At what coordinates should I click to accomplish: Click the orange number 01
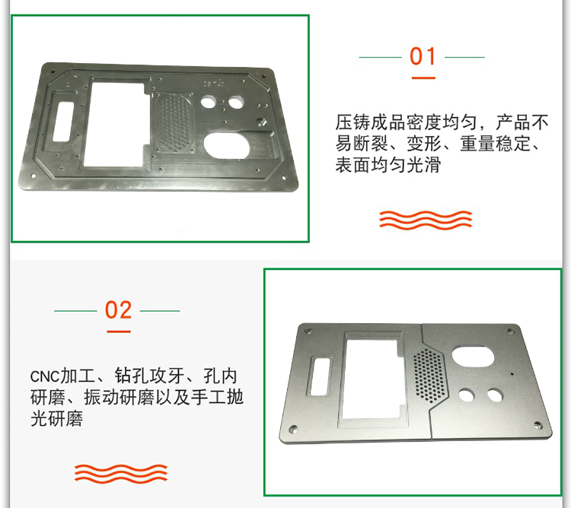pos(423,57)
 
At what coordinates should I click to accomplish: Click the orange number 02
pos(118,310)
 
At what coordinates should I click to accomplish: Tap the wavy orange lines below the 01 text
pos(426,219)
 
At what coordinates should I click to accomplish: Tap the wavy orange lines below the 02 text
pos(120,472)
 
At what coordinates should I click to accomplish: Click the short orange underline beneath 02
pos(118,332)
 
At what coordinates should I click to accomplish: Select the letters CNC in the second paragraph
pos(45,376)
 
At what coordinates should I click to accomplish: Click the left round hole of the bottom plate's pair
pos(465,395)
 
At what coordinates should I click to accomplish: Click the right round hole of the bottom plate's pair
pos(495,395)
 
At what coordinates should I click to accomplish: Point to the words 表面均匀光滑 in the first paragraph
pos(388,165)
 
